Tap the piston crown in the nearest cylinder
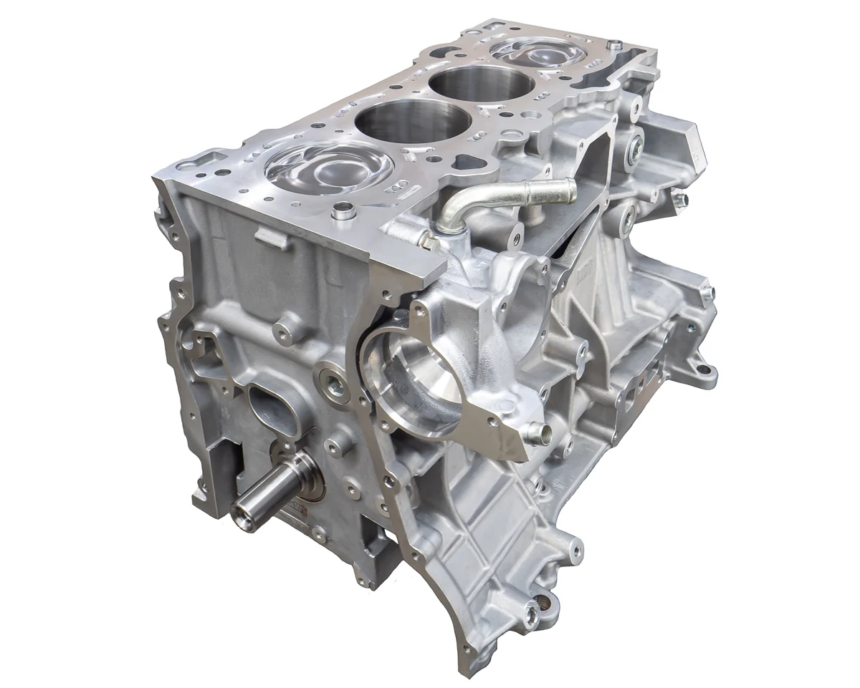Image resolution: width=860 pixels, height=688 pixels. [328, 169]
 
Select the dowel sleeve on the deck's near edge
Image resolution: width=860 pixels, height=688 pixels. [345, 210]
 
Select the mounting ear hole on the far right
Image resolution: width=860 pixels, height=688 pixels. [707, 372]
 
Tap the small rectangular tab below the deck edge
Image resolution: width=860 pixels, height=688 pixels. [273, 238]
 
